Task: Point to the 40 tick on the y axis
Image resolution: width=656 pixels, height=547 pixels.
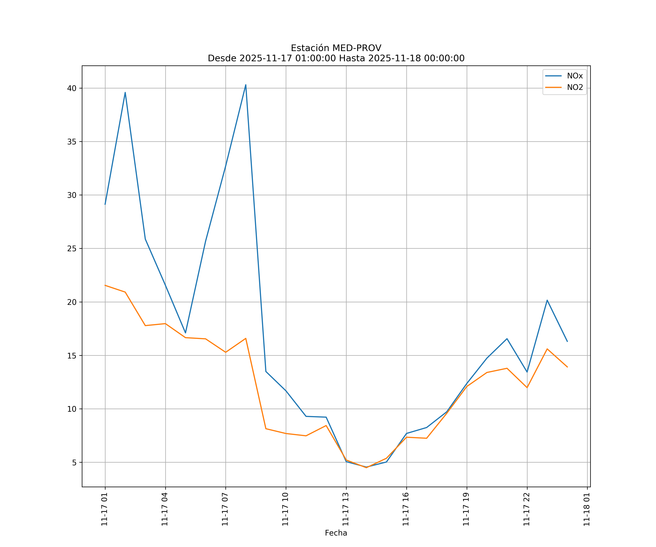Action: [x=72, y=88]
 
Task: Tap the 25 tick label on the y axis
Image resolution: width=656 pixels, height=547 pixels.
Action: [x=72, y=249]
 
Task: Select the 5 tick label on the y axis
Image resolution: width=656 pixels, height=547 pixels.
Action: [x=74, y=463]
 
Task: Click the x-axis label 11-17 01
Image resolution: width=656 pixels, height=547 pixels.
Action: [x=104, y=509]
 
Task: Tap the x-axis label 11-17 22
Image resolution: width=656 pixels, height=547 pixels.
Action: [x=526, y=509]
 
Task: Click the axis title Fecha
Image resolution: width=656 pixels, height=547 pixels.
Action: [x=336, y=533]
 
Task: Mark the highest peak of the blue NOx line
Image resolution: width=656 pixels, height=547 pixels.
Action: [x=245, y=85]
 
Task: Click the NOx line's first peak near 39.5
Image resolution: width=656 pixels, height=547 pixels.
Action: [x=125, y=92]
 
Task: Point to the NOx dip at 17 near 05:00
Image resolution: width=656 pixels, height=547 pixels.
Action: [x=185, y=333]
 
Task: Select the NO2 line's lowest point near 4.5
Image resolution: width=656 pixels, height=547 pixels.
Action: [x=366, y=468]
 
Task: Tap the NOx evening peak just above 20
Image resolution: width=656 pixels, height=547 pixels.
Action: [x=547, y=300]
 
